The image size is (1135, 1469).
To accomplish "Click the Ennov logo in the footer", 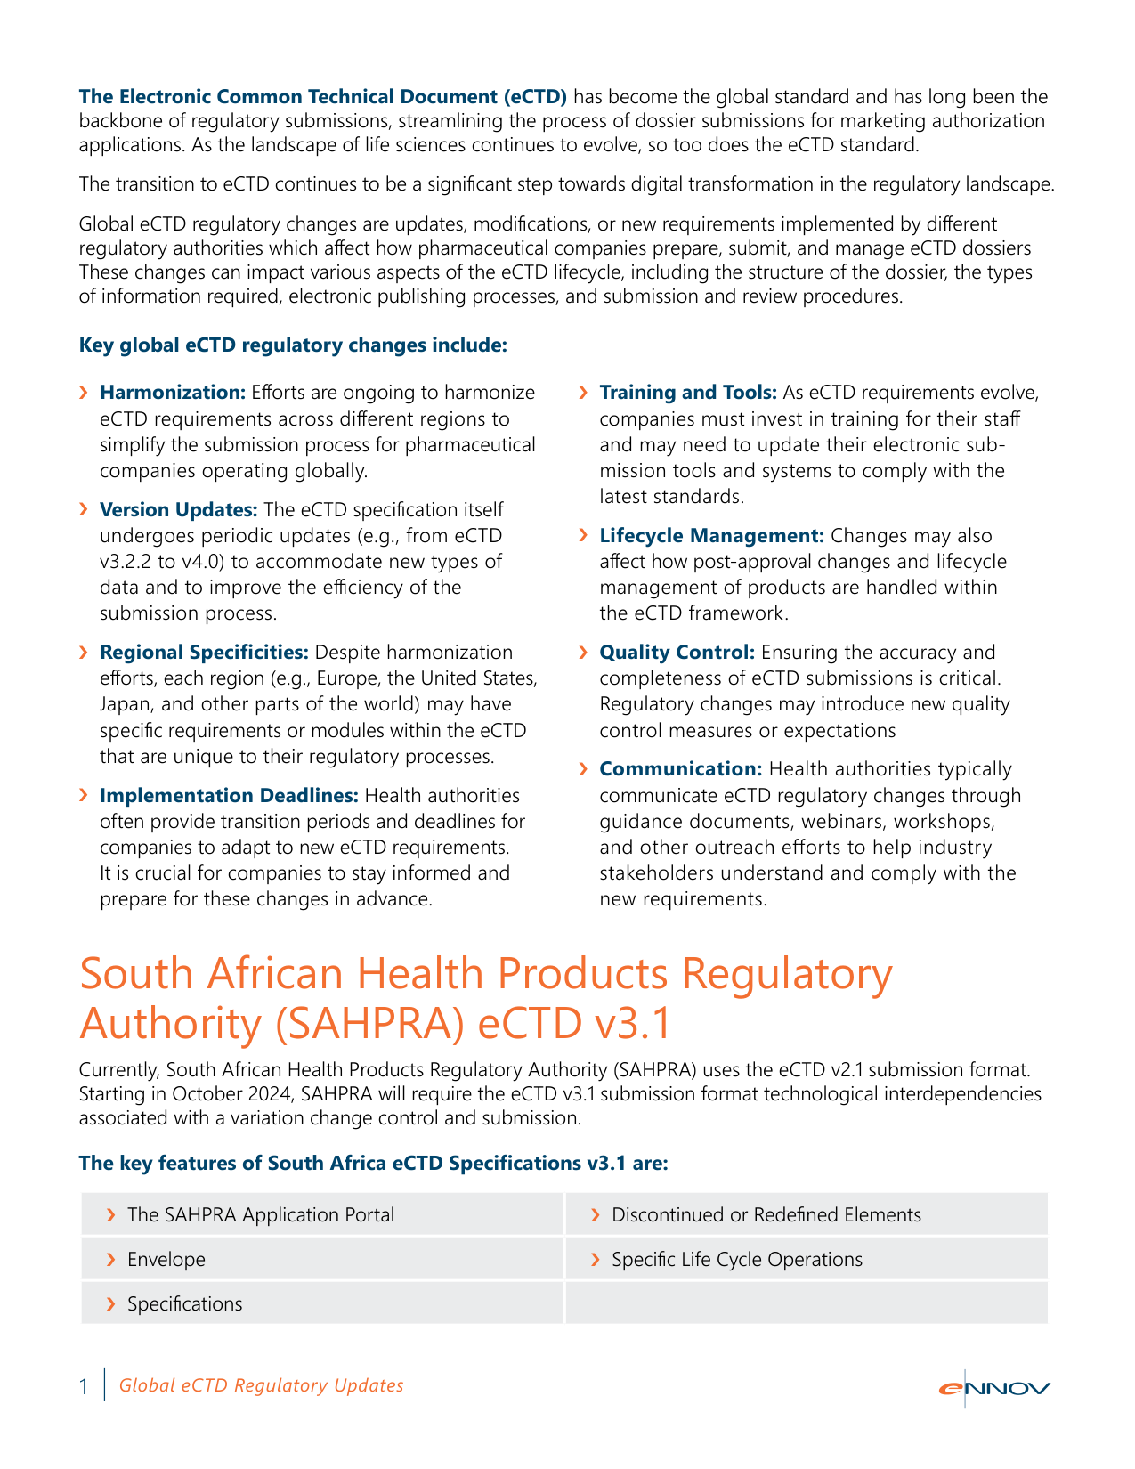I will click(993, 1389).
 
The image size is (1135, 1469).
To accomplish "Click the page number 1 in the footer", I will click(84, 1386).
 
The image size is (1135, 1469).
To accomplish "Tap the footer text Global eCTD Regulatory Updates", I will click(261, 1385).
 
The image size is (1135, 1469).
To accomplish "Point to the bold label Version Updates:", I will click(179, 510).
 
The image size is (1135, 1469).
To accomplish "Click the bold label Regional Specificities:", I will click(204, 653).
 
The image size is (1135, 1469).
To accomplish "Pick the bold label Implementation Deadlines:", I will click(229, 796).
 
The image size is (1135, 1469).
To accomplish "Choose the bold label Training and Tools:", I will click(688, 393).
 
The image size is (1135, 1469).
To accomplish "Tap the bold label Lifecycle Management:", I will click(711, 536).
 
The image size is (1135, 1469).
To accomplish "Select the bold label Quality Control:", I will click(677, 653).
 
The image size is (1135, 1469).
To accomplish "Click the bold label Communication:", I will click(681, 769).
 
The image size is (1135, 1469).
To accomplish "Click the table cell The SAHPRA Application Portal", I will click(261, 1215).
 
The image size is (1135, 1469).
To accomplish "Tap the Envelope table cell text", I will click(166, 1260).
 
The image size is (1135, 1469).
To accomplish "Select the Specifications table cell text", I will click(184, 1304).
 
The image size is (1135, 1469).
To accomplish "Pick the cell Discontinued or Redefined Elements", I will click(766, 1215).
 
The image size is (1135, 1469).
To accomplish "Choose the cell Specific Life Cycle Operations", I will click(737, 1260).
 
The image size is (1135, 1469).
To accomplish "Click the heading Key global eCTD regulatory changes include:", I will click(293, 345).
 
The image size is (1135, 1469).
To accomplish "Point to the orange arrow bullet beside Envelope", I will click(111, 1260).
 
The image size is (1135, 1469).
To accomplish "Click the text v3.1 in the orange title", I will click(628, 1024).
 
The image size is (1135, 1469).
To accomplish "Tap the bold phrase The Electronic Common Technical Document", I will click(322, 96).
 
